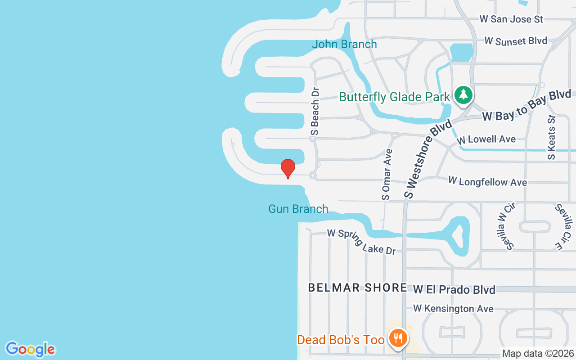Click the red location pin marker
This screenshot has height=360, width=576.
[x=288, y=168]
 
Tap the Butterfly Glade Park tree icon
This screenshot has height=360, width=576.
[x=463, y=95]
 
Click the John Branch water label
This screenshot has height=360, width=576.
[x=344, y=44]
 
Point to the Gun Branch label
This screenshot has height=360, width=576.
[x=298, y=209]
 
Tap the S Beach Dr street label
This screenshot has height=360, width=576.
[x=315, y=111]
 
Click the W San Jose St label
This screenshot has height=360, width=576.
[x=511, y=19]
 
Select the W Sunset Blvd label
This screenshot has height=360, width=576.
[x=516, y=41]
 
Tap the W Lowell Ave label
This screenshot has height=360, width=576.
[x=486, y=139]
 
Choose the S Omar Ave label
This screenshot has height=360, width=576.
[x=387, y=174]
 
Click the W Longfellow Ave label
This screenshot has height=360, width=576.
[x=487, y=181]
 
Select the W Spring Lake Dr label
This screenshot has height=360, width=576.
[x=361, y=241]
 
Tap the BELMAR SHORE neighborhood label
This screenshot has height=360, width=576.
[x=357, y=288]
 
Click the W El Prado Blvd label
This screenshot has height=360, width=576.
[x=454, y=289]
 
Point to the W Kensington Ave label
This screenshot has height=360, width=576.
[x=453, y=309]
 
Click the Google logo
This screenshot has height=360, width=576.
[x=30, y=349]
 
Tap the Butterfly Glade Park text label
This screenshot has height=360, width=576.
[x=394, y=97]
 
